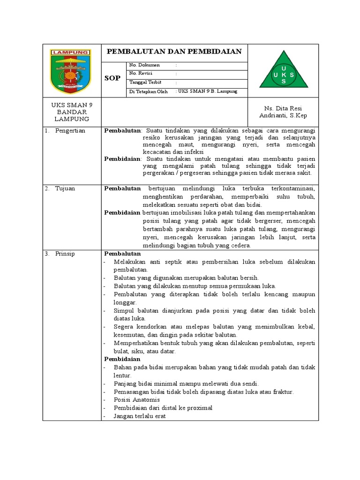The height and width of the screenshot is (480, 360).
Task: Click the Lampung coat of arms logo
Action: coord(72,71)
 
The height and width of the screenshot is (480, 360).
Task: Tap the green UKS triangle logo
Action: coord(283,74)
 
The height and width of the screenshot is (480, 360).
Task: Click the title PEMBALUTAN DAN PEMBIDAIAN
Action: coord(174,52)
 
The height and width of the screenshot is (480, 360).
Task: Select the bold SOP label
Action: coord(112,78)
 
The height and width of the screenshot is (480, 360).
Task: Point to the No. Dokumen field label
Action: coord(144,65)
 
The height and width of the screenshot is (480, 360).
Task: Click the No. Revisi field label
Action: coord(141,74)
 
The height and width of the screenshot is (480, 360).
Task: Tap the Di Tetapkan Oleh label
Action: coord(148,91)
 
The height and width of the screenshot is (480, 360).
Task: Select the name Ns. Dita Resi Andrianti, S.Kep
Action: coord(283,112)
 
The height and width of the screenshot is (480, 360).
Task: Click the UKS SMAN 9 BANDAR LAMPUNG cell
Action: coord(72,112)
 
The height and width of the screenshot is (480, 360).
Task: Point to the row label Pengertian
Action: coord(70,131)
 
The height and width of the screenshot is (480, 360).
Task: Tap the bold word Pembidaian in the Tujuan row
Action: coord(122,212)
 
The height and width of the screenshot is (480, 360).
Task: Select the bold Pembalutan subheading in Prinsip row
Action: coord(122,254)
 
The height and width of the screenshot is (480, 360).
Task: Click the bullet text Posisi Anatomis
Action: coord(136,400)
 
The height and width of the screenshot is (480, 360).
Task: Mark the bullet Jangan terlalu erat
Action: coord(139,416)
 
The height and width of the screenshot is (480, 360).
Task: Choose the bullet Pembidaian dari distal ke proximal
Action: coord(163,408)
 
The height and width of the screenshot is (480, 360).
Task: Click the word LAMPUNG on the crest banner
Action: coord(72,52)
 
